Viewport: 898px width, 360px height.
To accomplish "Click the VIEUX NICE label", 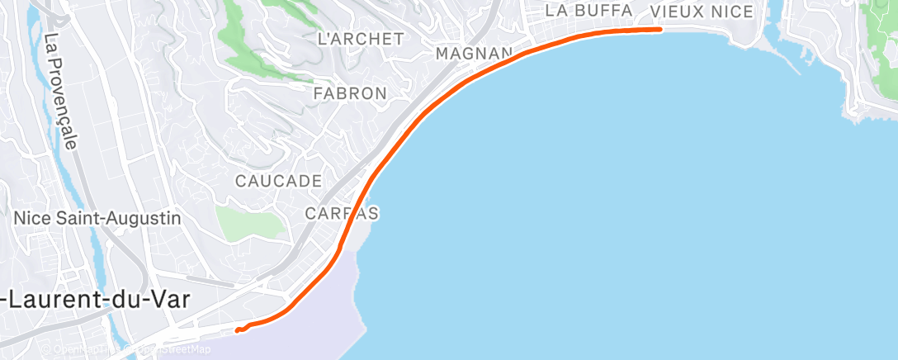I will pyautogui.click(x=702, y=12).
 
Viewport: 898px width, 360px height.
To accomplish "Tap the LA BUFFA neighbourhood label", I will pyautogui.click(x=588, y=11).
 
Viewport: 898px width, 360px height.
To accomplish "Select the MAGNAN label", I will pyautogui.click(x=474, y=54).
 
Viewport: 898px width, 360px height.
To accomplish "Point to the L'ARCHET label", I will pyautogui.click(x=361, y=39).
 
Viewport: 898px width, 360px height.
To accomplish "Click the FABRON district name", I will pyautogui.click(x=350, y=93).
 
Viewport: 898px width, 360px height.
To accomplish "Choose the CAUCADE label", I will pyautogui.click(x=278, y=180).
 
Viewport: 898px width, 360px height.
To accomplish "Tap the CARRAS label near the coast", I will pyautogui.click(x=342, y=214).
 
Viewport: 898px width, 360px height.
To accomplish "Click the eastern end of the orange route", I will pyautogui.click(x=660, y=29).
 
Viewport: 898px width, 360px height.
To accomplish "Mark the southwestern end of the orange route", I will pyautogui.click(x=237, y=330).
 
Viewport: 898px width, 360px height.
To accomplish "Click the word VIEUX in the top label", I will pyautogui.click(x=677, y=12).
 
